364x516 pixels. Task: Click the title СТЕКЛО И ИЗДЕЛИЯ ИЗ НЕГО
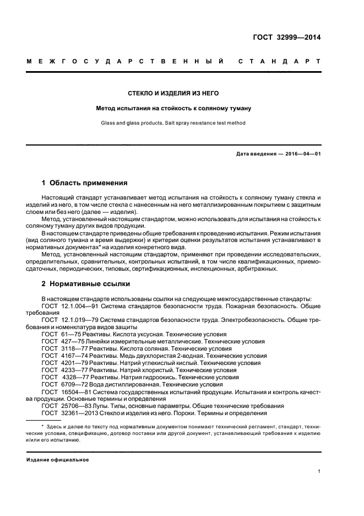(173, 93)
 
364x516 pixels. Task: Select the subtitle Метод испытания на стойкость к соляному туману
(173, 108)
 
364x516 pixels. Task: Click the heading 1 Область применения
(85, 182)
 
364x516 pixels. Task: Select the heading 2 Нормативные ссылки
(86, 284)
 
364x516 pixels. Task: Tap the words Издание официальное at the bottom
(58, 459)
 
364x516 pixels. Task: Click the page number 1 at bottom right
(319, 471)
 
